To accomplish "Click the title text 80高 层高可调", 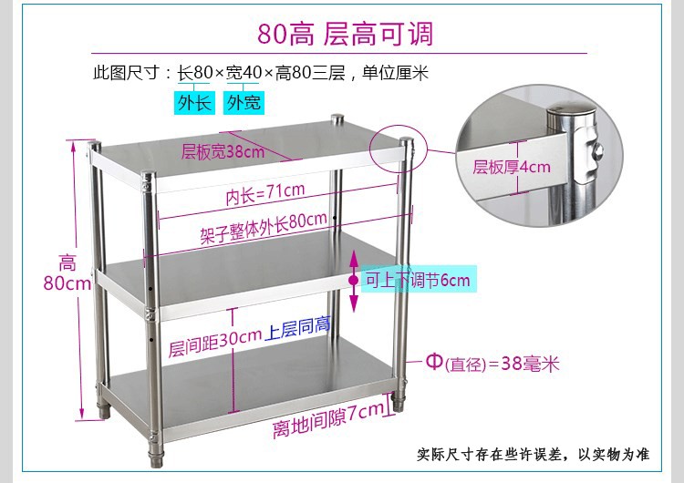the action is coord(345,35).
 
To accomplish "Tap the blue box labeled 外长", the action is coord(193,103).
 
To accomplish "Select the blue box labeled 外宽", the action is coord(242,103).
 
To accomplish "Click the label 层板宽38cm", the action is coord(223,151).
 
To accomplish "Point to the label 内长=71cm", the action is coord(265,194).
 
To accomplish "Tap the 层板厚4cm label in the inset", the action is coord(512,167).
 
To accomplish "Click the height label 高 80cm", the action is coord(68,272).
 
